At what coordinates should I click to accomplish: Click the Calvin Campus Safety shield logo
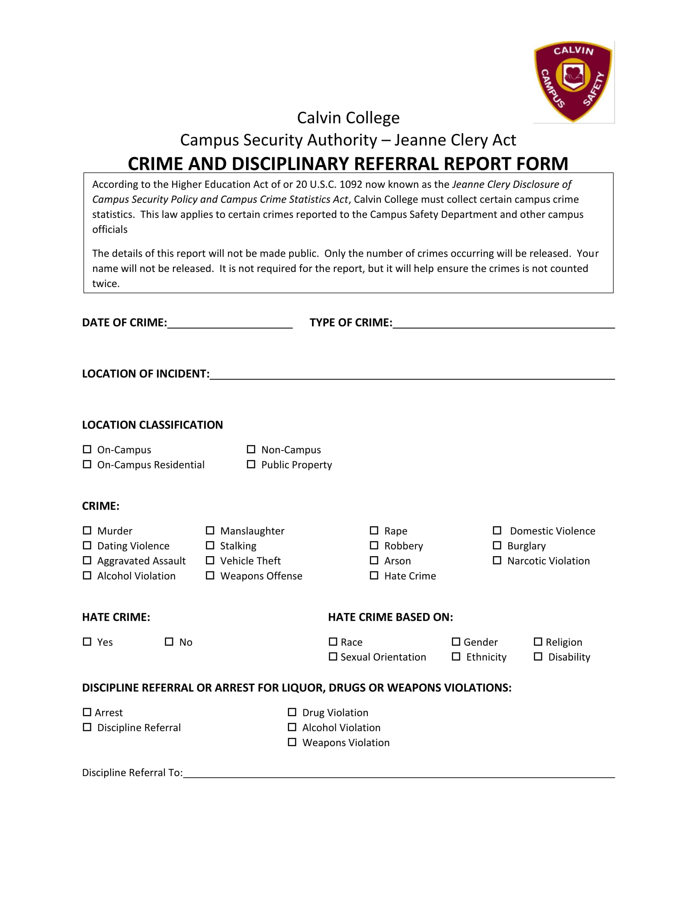coord(573,81)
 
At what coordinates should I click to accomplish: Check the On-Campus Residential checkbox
coord(87,464)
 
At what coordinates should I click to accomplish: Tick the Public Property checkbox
coord(251,464)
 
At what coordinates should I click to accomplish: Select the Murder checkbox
coord(87,530)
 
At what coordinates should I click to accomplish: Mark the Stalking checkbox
coord(210,546)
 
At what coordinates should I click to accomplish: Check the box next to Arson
coord(374,560)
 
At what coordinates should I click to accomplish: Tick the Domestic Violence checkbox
coord(497,530)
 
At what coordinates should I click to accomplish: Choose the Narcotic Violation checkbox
coord(497,560)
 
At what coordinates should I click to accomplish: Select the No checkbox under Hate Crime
coord(169,641)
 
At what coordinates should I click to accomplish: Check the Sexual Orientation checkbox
coord(333,657)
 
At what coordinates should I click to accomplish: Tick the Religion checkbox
coord(538,641)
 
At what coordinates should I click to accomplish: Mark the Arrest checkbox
coord(87,712)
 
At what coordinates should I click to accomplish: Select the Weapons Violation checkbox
coord(292,742)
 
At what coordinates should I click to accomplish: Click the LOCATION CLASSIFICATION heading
coord(153,425)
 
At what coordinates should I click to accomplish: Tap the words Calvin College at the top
coord(348,118)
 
